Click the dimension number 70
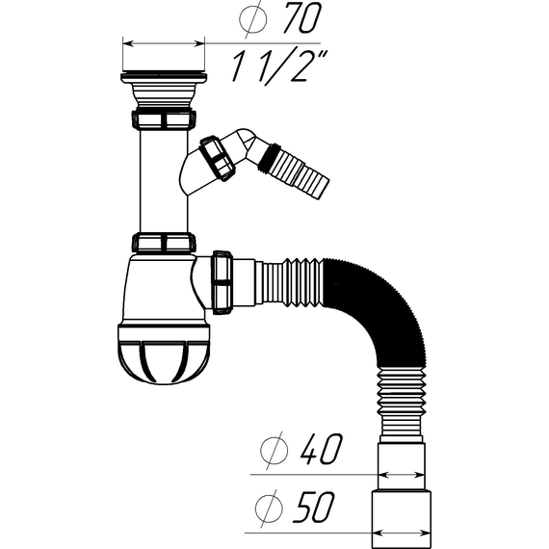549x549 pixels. point(302,18)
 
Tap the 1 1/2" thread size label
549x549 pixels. point(279,65)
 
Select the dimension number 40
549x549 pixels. point(321,450)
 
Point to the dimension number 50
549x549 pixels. point(314,508)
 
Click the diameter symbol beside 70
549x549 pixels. point(253,19)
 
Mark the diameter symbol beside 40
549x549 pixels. point(274,451)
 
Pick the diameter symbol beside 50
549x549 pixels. point(269,509)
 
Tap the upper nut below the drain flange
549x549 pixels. point(164,119)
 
